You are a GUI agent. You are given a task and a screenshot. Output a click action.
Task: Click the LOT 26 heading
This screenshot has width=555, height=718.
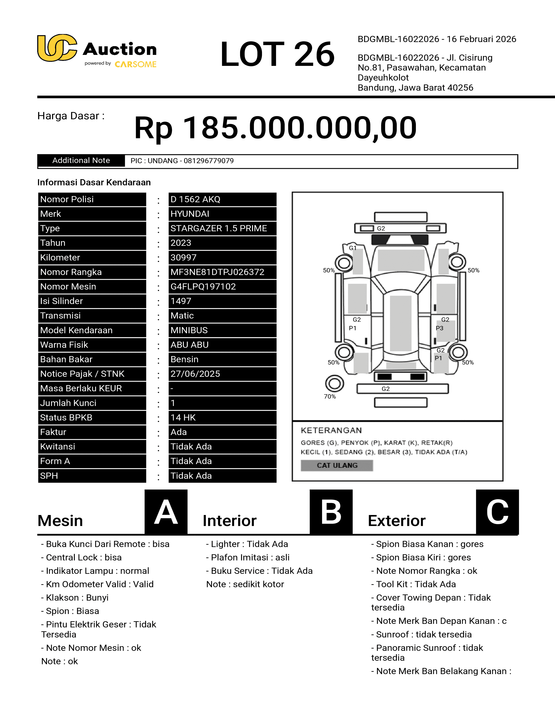(277, 54)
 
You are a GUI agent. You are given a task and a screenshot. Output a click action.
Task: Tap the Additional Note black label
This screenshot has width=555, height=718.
(81, 160)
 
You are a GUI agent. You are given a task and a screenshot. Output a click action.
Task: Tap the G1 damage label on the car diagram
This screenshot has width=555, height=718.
(352, 248)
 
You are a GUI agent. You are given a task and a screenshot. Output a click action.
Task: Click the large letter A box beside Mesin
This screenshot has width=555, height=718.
(166, 512)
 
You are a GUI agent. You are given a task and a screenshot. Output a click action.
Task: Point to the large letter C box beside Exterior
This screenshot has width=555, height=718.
(497, 512)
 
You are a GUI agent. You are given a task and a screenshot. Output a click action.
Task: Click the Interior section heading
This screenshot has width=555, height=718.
(229, 521)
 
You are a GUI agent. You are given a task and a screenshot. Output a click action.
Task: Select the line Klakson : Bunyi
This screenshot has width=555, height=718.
(75, 598)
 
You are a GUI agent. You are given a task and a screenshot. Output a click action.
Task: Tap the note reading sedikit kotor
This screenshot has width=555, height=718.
(245, 584)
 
